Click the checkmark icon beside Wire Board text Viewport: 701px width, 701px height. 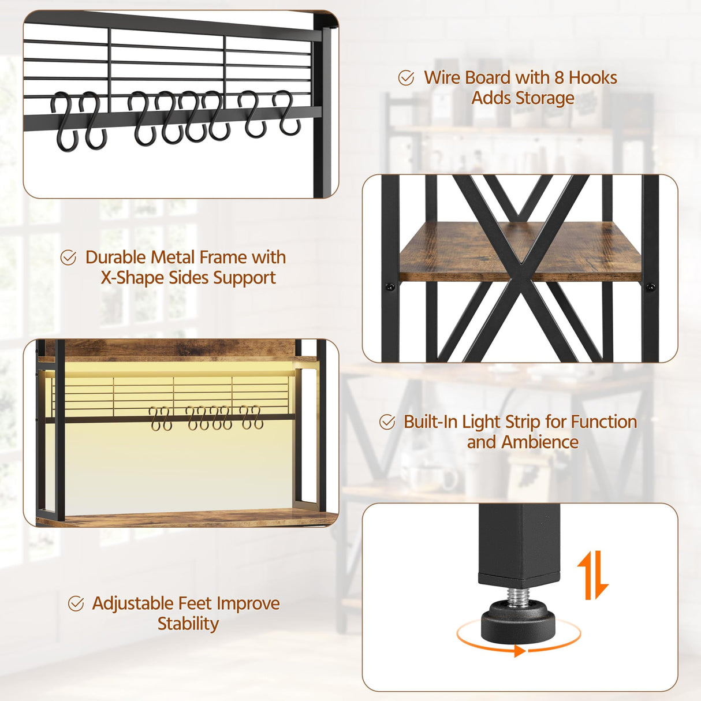pos(407,78)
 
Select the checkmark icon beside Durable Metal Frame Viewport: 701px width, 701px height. pos(68,258)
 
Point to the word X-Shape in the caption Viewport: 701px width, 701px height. pos(132,278)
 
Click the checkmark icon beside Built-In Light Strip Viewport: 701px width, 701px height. pos(387,422)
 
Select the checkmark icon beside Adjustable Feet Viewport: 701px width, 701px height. pos(76,604)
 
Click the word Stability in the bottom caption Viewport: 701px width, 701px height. pos(188,624)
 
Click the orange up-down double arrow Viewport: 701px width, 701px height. pos(593,575)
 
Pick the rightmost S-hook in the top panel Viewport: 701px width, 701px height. pos(288,113)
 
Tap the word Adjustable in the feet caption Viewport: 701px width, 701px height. pos(134,604)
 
